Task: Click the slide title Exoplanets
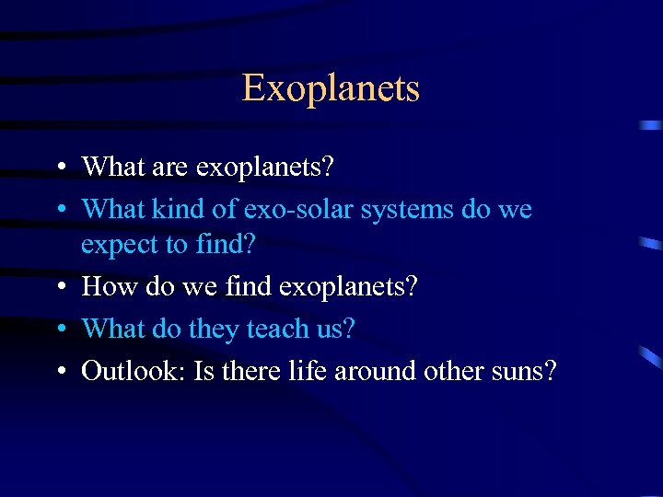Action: tap(331, 88)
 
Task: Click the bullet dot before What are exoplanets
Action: tap(60, 168)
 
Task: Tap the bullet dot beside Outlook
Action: tap(60, 371)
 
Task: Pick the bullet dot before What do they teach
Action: tap(60, 329)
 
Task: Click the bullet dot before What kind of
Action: tap(60, 211)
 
